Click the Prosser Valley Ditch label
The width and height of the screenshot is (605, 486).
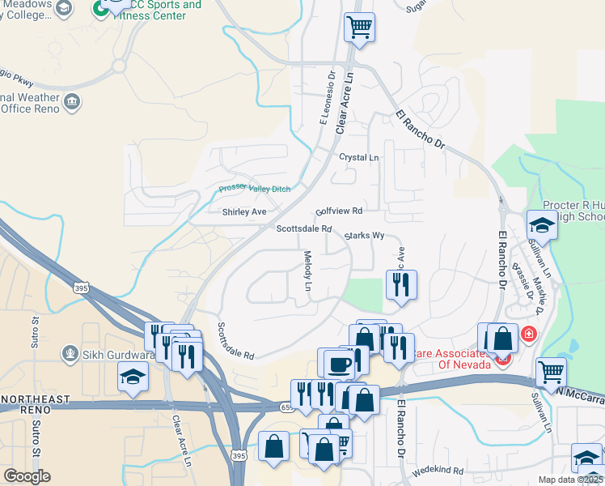pyautogui.click(x=255, y=190)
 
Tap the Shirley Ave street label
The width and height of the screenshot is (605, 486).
pyautogui.click(x=244, y=212)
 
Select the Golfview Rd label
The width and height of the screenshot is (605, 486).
pyautogui.click(x=339, y=211)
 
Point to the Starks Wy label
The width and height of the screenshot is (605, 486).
pyautogui.click(x=363, y=236)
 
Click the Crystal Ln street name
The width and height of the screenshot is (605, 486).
pyautogui.click(x=358, y=157)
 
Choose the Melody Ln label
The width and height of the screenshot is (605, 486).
pyautogui.click(x=307, y=271)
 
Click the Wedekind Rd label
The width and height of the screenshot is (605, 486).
pyautogui.click(x=437, y=471)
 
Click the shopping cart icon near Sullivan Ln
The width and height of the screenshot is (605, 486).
pyautogui.click(x=551, y=372)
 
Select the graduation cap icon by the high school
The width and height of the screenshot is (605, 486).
pyautogui.click(x=542, y=224)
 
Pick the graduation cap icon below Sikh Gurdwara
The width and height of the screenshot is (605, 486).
pyautogui.click(x=133, y=376)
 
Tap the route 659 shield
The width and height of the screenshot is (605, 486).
pyautogui.click(x=289, y=407)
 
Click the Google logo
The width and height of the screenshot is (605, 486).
pyautogui.click(x=27, y=476)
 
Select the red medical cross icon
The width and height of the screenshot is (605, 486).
pyautogui.click(x=528, y=333)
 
